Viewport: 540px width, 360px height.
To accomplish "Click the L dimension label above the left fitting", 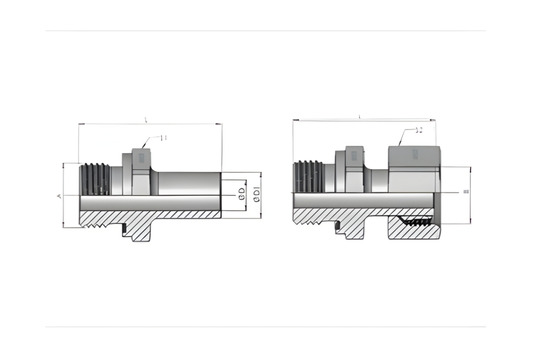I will [x=147, y=120].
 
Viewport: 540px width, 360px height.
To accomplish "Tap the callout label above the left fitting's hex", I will [x=164, y=138].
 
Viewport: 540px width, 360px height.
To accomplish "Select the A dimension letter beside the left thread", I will [x=60, y=195].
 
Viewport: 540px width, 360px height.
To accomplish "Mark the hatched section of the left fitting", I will [x=150, y=213].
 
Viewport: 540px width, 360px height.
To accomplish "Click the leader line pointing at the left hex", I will [x=150, y=144].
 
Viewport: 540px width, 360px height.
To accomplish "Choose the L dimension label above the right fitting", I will [x=350, y=117].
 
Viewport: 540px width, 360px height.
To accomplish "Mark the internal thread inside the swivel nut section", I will [x=415, y=217].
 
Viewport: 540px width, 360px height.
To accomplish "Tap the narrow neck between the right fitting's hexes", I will [x=377, y=180].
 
